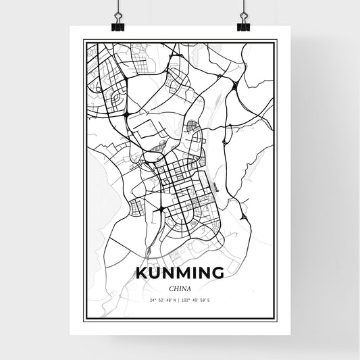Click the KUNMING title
[x=180, y=273]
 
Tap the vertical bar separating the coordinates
[x=180, y=299]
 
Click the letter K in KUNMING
[x=142, y=273]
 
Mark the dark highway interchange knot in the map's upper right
[x=234, y=84]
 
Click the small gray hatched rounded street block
[x=192, y=124]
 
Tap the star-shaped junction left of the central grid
[x=144, y=162]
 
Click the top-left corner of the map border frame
[x=84, y=41]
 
